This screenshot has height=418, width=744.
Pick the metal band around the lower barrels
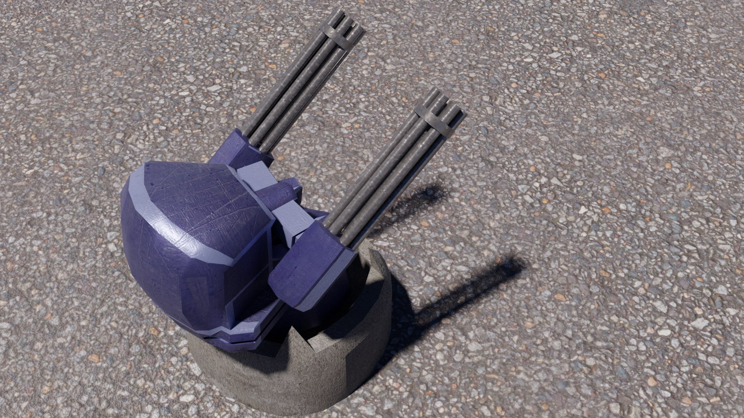coord(437,120)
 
